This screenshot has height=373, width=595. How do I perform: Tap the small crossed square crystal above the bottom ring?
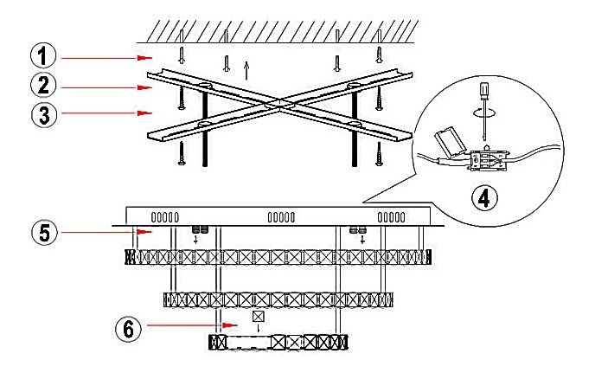[x=257, y=317]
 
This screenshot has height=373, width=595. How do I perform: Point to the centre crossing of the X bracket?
[x=275, y=106]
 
